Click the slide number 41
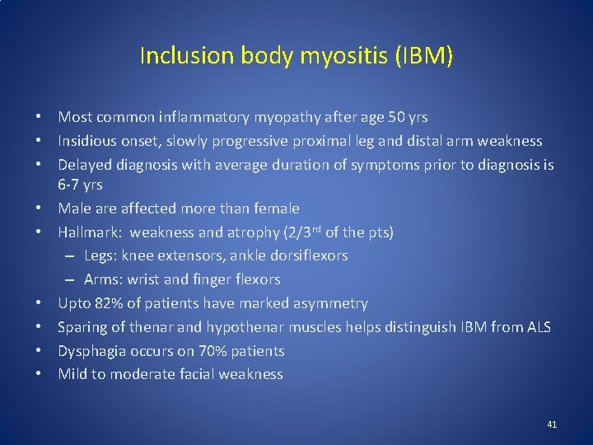tap(552, 424)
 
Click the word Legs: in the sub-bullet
tap(102, 255)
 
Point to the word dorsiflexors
tap(306, 255)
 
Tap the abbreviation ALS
tap(537, 327)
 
